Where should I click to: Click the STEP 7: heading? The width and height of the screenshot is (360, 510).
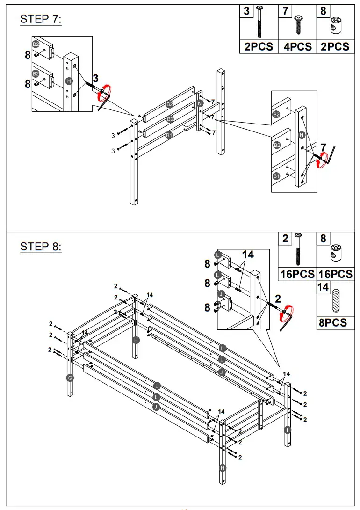coord(41,19)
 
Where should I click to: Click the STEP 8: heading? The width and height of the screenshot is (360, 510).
coord(41,247)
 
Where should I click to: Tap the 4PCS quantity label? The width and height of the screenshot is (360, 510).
coord(297,46)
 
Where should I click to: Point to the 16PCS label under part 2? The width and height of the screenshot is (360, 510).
coord(297,274)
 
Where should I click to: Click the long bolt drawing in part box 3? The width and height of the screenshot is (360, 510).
coord(259,22)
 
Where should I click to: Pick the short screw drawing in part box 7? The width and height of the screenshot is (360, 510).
coord(297,24)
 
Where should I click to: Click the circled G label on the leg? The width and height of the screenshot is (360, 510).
coord(70,378)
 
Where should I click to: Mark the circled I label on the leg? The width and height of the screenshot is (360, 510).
coord(287,430)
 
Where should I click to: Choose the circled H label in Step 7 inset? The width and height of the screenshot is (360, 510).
coord(69,81)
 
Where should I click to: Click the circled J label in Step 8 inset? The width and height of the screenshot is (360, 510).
coord(218,294)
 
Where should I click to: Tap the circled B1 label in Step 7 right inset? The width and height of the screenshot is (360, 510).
coord(276,176)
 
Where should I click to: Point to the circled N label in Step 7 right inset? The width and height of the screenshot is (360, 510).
coord(302,136)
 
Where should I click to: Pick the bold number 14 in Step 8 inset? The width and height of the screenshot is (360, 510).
coord(247,255)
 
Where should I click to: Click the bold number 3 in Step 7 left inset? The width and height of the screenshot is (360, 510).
coord(96,78)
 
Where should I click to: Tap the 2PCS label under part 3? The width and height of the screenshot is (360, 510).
coord(259,46)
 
